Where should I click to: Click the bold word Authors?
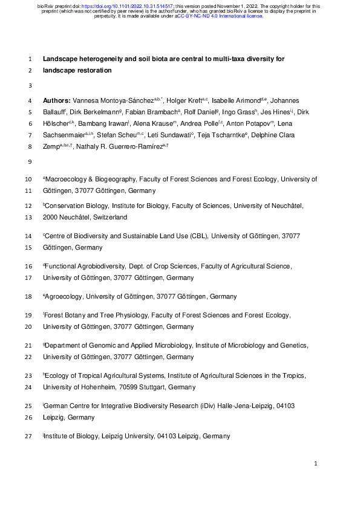57,99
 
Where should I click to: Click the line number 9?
30,162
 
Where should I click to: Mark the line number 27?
29,436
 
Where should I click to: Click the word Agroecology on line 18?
64,297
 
